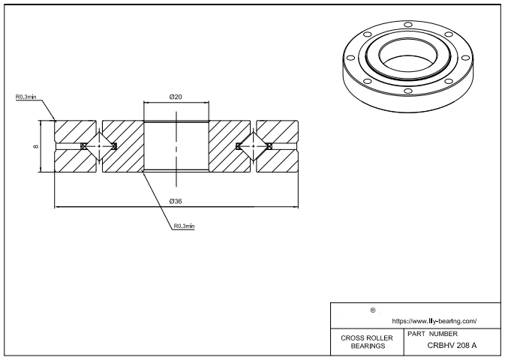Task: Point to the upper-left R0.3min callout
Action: [x=25, y=97]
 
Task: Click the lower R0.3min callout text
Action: [x=184, y=226]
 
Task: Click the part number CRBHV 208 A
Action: [x=452, y=346]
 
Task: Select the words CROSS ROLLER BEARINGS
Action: [x=366, y=342]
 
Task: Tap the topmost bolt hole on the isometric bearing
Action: [x=407, y=25]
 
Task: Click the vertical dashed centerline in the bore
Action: [x=176, y=146]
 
